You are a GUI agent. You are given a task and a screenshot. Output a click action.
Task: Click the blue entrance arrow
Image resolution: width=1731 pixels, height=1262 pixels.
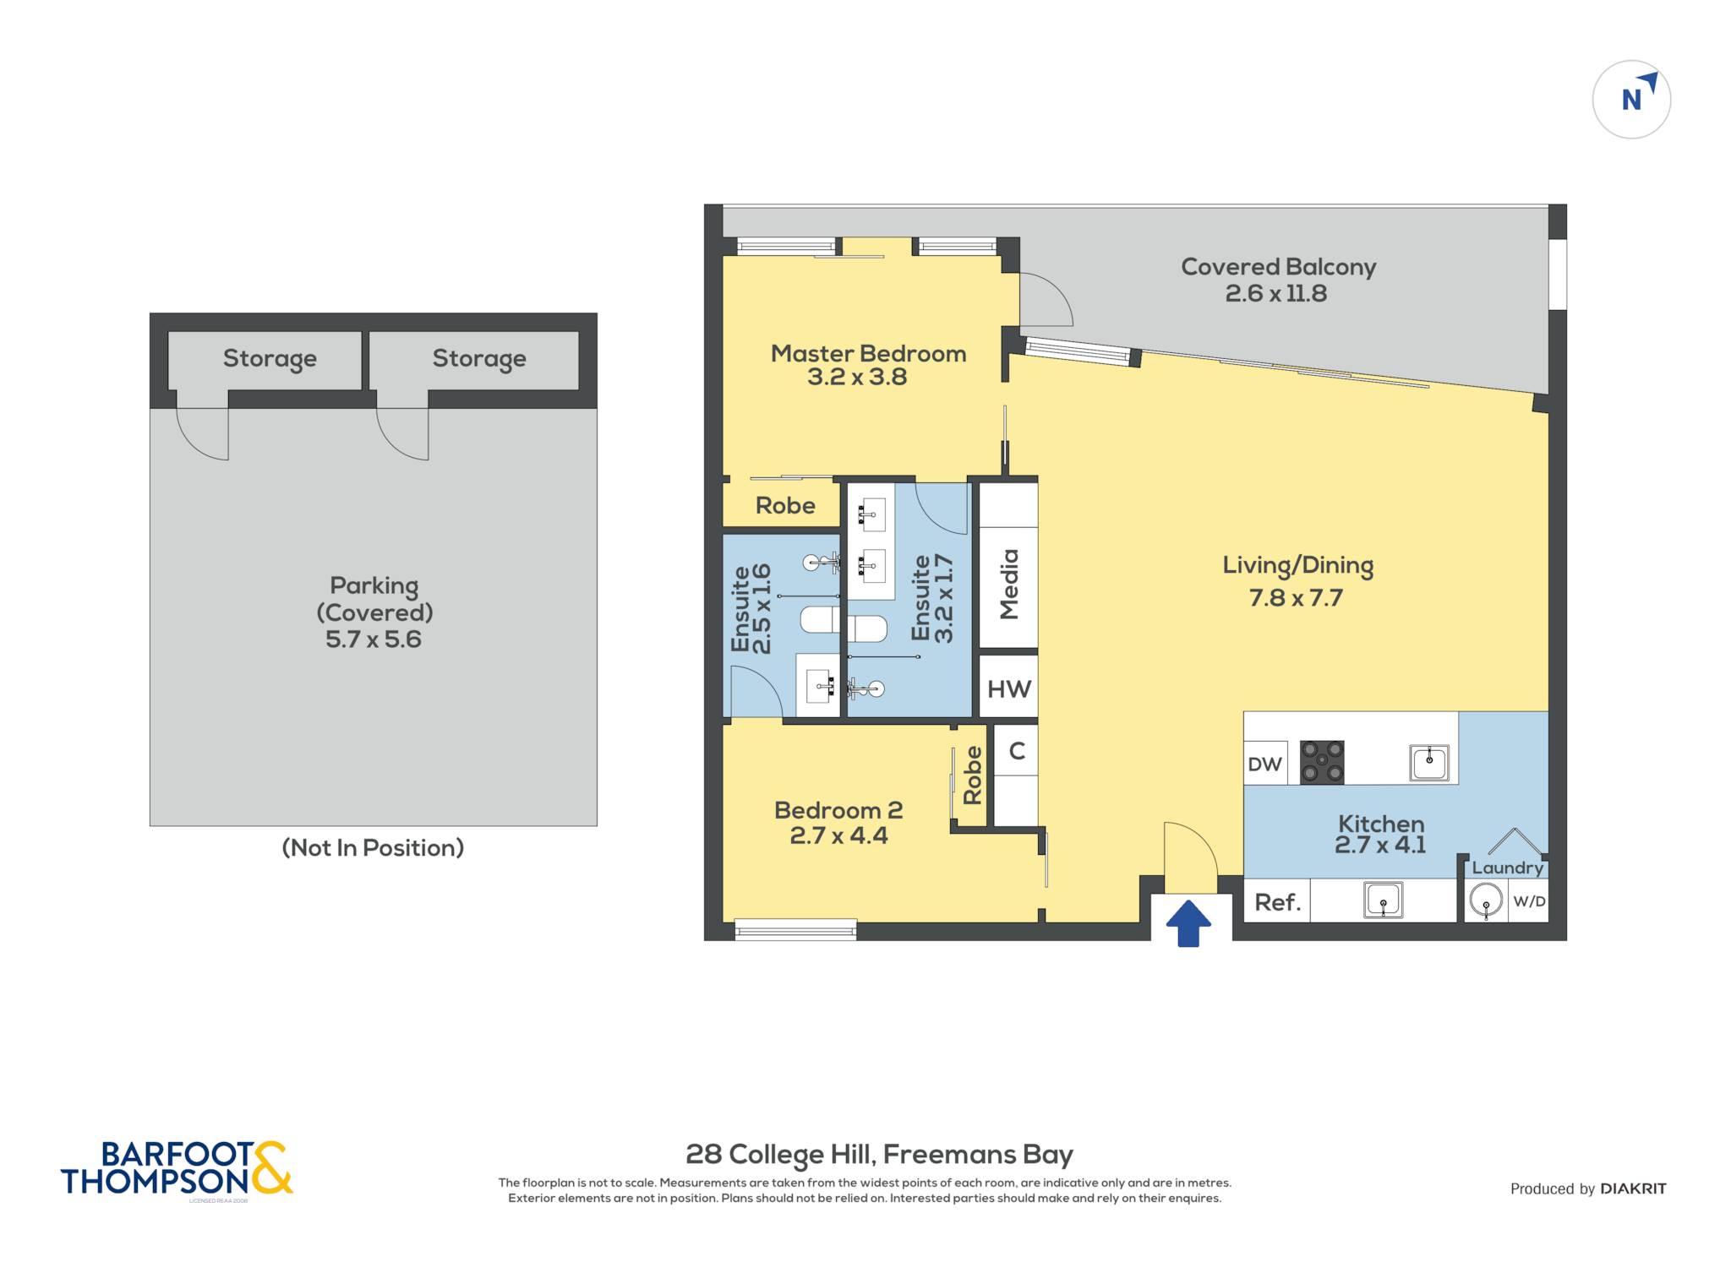(1188, 923)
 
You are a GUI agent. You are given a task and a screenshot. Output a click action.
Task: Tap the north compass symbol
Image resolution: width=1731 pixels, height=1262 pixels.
(1631, 100)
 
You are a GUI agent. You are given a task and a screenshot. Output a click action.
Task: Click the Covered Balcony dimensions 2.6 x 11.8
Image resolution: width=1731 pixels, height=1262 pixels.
(1276, 294)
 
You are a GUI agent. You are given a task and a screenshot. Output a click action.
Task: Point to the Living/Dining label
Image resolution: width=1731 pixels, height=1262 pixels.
(1297, 566)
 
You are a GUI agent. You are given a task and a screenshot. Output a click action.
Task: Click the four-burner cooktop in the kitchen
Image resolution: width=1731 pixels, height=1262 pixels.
(1322, 762)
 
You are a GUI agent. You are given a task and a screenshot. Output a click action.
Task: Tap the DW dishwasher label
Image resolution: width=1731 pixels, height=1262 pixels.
(1264, 764)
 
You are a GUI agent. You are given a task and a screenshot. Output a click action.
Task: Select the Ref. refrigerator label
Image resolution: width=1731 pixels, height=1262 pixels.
(1277, 902)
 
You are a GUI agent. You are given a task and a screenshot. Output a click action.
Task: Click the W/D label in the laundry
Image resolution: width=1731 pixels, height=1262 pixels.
(1529, 901)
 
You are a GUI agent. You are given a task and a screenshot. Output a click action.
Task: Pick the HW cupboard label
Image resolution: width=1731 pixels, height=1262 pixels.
(1009, 689)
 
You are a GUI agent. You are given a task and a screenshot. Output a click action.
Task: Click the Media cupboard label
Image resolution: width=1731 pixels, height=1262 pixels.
(1009, 585)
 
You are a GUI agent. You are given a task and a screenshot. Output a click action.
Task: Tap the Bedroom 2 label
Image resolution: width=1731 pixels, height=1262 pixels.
(838, 810)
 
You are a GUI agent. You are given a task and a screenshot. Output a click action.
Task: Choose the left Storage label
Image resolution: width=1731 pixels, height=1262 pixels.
(270, 359)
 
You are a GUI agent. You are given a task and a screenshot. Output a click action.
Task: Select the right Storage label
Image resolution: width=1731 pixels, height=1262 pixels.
(479, 359)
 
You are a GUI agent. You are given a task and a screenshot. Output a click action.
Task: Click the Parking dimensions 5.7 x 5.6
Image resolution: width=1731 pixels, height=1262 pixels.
(374, 639)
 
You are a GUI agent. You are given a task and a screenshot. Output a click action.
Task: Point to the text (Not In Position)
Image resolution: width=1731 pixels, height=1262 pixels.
(373, 847)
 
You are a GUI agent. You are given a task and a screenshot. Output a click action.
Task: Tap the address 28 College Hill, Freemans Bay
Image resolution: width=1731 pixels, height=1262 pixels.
(879, 1154)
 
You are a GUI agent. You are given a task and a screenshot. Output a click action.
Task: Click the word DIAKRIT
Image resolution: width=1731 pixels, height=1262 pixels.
(1634, 1189)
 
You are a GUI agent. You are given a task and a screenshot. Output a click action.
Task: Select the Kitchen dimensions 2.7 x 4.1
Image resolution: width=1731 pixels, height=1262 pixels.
(1380, 845)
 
